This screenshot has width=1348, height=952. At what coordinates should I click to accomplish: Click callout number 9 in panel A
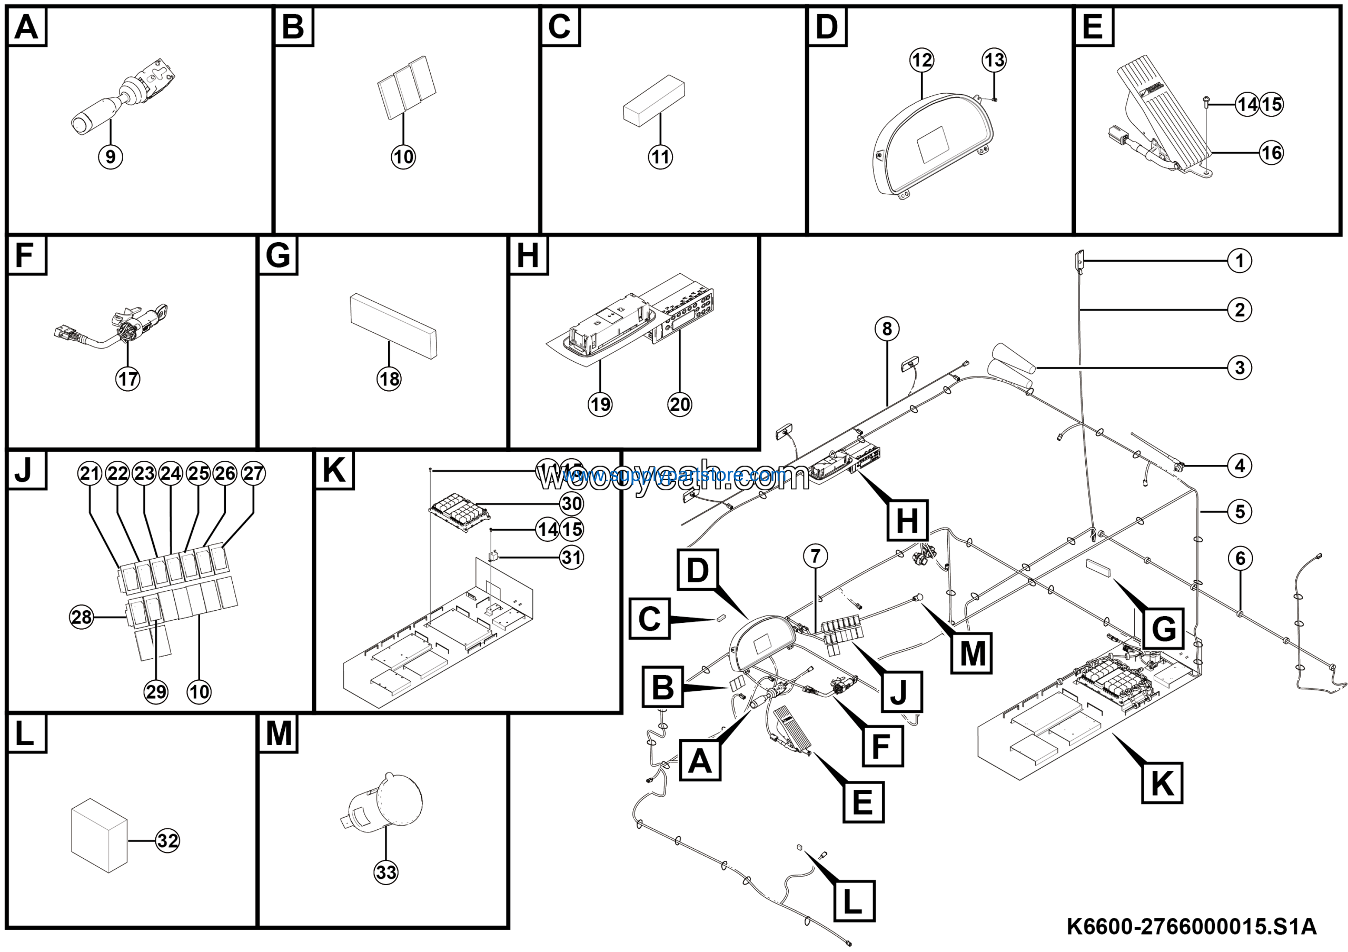point(111,157)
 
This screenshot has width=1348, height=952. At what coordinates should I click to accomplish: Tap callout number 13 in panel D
point(994,60)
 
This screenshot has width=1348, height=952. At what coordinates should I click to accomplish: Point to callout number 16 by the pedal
point(1272,153)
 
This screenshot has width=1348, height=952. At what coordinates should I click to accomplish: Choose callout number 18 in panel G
point(389,379)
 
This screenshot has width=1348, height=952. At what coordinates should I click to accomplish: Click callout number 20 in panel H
point(680,404)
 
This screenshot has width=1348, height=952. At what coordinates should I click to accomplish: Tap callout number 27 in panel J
point(253,473)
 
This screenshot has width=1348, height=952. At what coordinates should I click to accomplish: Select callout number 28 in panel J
point(82,617)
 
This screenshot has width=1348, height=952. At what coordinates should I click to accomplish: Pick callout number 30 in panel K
point(571,503)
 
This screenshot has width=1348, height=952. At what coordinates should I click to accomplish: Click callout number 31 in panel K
point(571,557)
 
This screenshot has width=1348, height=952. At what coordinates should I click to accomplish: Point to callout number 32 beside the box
point(168,841)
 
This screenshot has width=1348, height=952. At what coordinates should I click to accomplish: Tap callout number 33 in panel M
point(386,872)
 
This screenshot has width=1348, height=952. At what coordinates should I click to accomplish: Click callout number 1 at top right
point(1240,261)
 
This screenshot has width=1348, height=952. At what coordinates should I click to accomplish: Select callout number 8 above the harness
point(887,329)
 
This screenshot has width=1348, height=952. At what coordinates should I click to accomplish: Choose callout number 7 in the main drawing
point(816,556)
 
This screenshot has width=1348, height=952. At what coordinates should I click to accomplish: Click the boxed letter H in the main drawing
point(907,520)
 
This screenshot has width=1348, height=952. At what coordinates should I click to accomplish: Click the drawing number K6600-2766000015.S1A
point(1191,927)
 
